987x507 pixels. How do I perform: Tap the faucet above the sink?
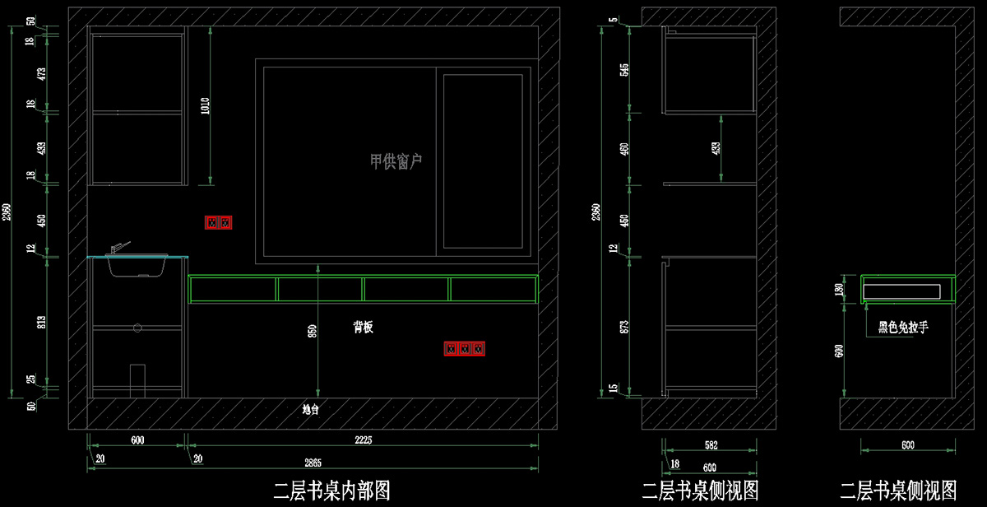[x=119, y=248]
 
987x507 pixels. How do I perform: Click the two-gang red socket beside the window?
[x=219, y=222]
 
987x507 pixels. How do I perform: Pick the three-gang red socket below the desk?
[x=465, y=349]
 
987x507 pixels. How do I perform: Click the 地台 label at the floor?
[x=310, y=408]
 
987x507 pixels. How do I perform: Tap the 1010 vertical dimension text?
[x=205, y=105]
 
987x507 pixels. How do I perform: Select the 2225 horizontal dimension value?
[x=363, y=440]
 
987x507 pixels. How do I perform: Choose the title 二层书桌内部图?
[x=331, y=491]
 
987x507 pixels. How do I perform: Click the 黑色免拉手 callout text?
[x=903, y=328]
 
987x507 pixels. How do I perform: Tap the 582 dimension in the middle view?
[x=711, y=445]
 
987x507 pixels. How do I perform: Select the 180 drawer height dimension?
[x=840, y=289]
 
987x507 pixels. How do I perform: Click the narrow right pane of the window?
[x=483, y=161]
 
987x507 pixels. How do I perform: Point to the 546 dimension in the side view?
[x=624, y=69]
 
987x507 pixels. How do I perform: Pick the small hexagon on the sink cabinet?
[x=137, y=327]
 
